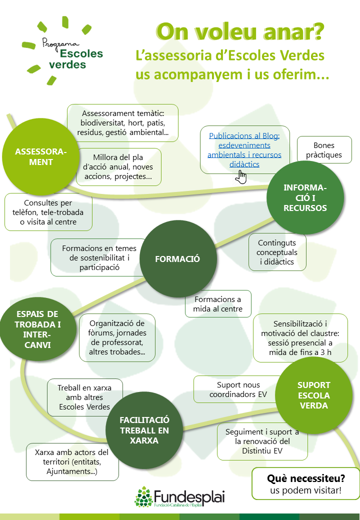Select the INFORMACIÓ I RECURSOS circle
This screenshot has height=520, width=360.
(x=304, y=198)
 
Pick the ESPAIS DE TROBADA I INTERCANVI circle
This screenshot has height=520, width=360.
(x=37, y=329)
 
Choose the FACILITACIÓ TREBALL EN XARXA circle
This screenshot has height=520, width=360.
(x=144, y=430)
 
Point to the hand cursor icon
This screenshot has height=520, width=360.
(x=241, y=177)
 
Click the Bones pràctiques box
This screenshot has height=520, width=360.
(x=324, y=149)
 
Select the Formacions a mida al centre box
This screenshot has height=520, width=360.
(x=217, y=304)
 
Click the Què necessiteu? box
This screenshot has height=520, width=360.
(x=305, y=483)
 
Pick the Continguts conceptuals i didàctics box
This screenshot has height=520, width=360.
(x=277, y=252)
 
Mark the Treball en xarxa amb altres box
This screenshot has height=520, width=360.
(x=84, y=397)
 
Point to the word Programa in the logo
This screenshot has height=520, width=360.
(x=58, y=43)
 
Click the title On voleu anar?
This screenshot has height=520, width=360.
(x=239, y=31)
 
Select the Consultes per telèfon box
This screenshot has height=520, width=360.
(x=48, y=212)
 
